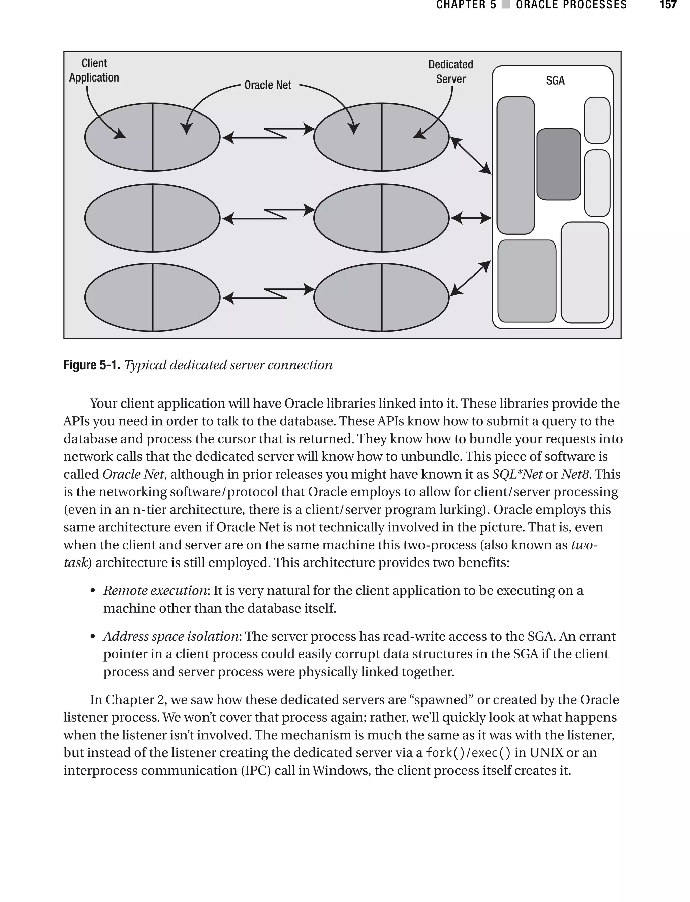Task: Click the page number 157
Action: click(668, 5)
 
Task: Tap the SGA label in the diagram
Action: click(555, 80)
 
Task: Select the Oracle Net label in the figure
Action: click(268, 85)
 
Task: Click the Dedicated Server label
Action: click(450, 72)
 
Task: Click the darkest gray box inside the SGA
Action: click(558, 164)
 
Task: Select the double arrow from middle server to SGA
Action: click(471, 218)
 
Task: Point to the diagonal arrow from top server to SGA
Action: click(471, 156)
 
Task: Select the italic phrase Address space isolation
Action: click(171, 636)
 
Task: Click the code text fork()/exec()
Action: click(468, 752)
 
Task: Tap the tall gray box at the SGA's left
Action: click(515, 165)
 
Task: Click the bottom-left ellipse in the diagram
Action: click(152, 297)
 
